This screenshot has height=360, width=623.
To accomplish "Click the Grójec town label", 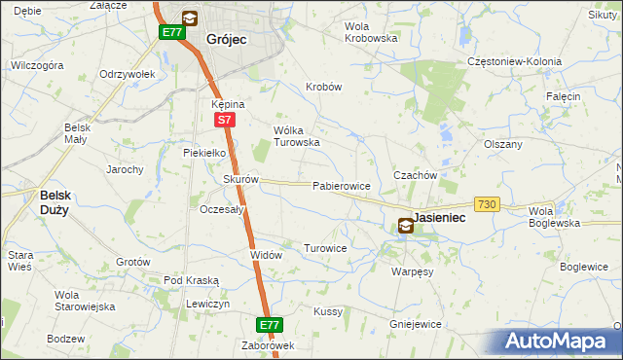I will [227, 40].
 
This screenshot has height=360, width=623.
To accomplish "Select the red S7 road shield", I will [224, 120].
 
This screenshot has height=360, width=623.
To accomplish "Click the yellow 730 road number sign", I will [488, 203].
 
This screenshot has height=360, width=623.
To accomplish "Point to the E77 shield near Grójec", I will [172, 32].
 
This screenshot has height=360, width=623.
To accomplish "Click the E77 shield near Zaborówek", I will [270, 325].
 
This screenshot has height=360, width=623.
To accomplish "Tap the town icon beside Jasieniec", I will [405, 226].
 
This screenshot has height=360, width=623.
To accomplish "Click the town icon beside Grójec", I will [189, 18].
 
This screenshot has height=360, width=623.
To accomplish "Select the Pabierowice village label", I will [341, 186].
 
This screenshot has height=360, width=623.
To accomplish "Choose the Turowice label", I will [325, 249].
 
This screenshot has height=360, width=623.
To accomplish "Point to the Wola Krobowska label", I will [372, 32].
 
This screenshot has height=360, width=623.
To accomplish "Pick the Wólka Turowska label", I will [296, 136].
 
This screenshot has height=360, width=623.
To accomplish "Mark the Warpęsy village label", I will [412, 272].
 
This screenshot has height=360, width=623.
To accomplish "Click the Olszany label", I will [503, 144].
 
